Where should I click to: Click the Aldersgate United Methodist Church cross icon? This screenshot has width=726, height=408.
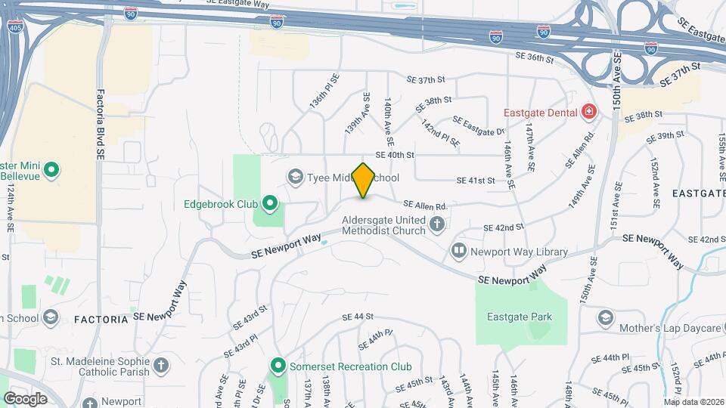(x=436, y=224)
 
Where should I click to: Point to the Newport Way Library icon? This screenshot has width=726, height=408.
(x=458, y=250)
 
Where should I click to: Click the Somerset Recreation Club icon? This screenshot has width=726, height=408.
(x=278, y=367)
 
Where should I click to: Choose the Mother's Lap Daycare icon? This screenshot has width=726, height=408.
(x=606, y=317)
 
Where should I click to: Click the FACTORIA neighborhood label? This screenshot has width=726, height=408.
(x=101, y=320)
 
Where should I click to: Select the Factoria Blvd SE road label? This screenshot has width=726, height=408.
(x=100, y=125)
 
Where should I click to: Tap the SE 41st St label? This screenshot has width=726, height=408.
(x=475, y=181)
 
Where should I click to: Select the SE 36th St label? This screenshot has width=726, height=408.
(x=535, y=56)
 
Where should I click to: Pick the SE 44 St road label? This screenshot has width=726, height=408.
(x=358, y=317)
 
